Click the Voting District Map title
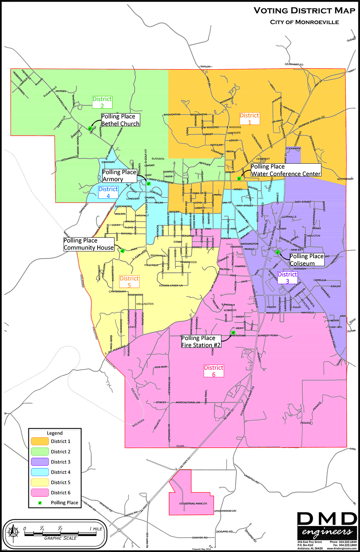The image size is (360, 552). (x=304, y=11)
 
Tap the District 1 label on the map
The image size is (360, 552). (x=250, y=118)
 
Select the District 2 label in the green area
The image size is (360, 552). (x=102, y=102)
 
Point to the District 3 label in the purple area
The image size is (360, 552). (x=287, y=278)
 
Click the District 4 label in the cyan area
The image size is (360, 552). (x=108, y=193)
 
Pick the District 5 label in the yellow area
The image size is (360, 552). (x=129, y=281)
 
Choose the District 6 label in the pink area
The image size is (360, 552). (x=214, y=371)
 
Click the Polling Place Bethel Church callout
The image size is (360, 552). (x=120, y=120)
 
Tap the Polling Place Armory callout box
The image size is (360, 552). (x=119, y=176)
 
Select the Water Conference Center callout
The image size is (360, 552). (x=286, y=170)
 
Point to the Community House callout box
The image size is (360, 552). (x=89, y=244)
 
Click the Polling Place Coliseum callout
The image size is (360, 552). (x=306, y=260)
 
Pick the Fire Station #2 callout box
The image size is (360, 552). (x=201, y=341)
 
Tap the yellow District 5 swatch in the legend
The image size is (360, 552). (x=40, y=482)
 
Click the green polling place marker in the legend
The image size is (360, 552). (x=40, y=503)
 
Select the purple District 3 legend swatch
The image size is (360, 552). (x=40, y=462)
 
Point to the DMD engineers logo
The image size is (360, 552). (x=327, y=525)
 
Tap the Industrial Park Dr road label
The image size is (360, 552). (x=193, y=504)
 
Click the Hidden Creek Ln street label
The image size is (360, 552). (x=171, y=285)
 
